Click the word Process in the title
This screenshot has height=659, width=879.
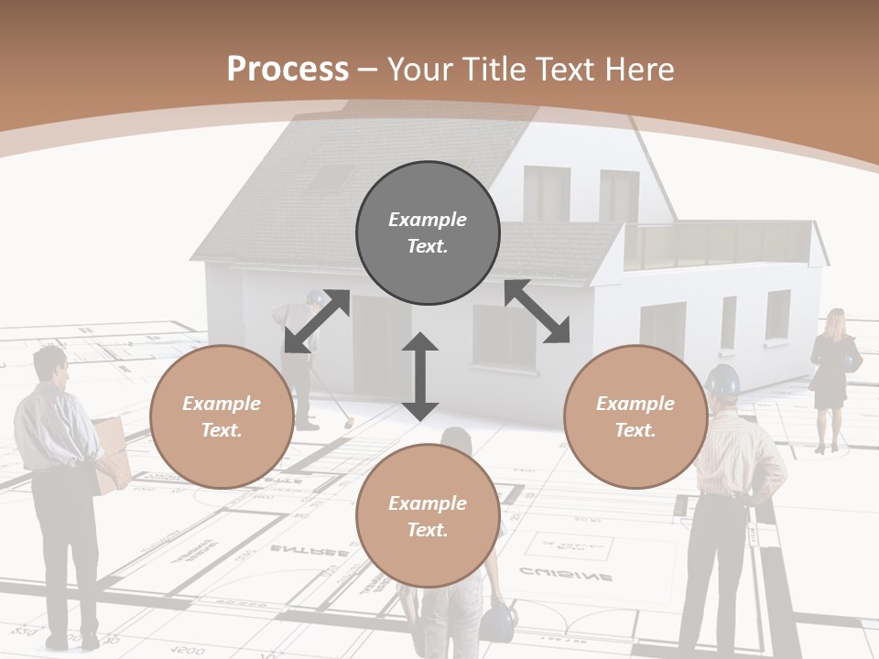[288, 70]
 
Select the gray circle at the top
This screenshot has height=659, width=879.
[428, 233]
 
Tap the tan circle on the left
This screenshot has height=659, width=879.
[222, 416]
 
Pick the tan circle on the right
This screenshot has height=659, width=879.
[635, 416]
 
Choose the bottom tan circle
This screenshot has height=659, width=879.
[428, 516]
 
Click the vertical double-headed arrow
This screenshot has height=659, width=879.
[420, 376]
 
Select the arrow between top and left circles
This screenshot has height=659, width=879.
[317, 321]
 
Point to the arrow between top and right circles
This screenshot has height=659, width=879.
[537, 311]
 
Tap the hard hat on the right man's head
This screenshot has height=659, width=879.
[723, 380]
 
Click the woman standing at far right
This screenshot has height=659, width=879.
[832, 375]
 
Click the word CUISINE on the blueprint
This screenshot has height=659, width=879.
[566, 575]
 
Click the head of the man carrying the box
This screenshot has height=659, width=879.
[51, 366]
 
